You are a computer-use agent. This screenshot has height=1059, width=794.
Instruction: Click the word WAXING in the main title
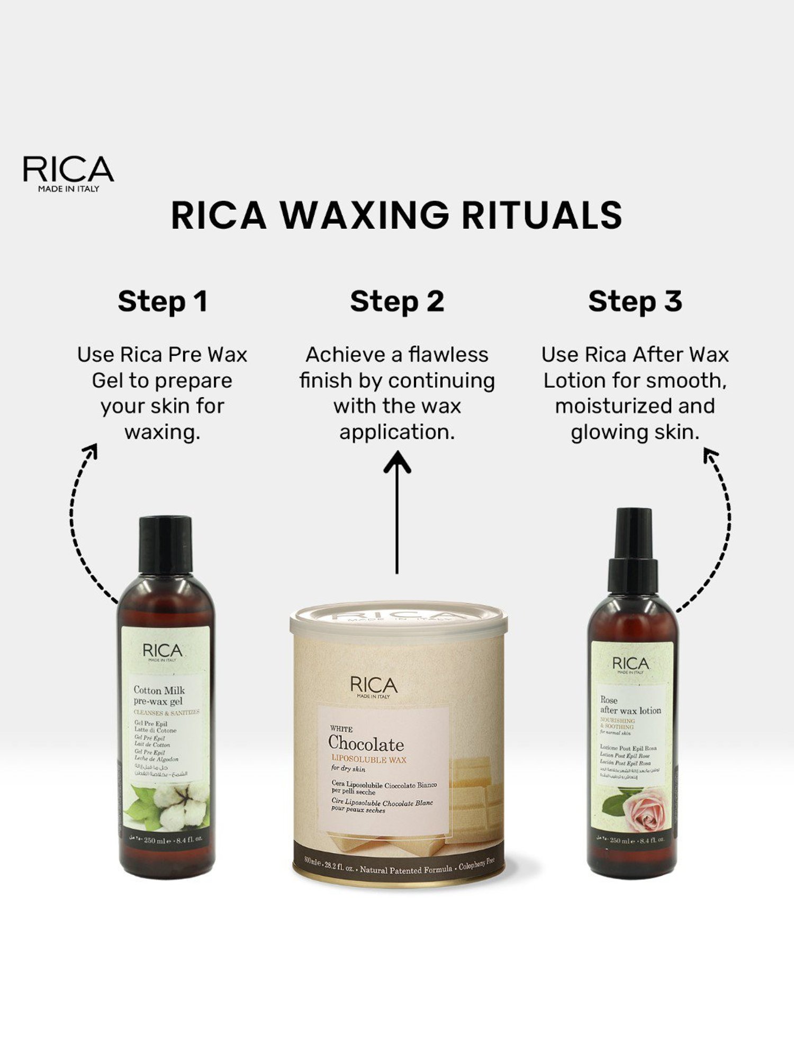(364, 216)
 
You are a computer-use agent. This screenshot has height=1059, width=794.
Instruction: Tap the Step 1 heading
(163, 302)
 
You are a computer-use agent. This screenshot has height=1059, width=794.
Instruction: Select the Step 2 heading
(397, 302)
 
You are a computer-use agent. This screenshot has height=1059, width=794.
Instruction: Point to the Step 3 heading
(635, 302)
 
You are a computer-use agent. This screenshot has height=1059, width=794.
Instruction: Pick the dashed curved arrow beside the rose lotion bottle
(720, 529)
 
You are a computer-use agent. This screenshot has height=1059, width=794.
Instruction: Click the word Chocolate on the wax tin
(366, 744)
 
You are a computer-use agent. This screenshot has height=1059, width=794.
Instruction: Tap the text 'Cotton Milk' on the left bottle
(159, 690)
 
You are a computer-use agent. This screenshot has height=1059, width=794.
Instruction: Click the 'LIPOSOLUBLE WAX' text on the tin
(369, 759)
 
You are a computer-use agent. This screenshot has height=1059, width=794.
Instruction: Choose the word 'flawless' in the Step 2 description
(448, 355)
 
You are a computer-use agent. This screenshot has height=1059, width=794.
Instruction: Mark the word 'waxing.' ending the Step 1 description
(163, 433)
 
